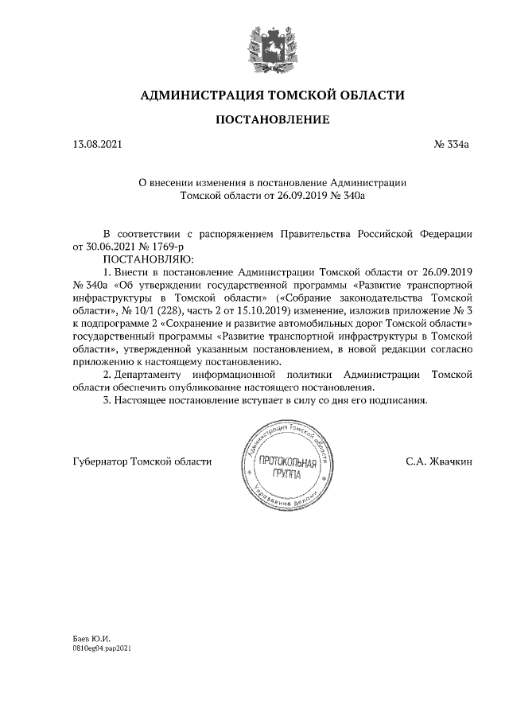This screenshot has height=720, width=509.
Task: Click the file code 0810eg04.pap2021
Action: (101, 649)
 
